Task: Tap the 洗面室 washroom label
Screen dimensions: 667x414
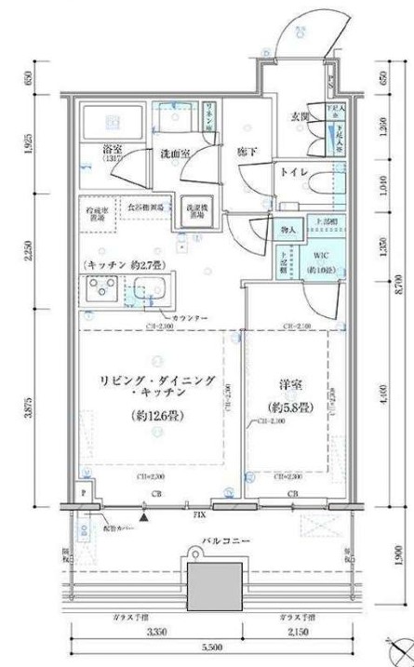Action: (174, 153)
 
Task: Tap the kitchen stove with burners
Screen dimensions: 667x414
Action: (99, 291)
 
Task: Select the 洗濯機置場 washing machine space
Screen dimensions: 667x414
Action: (194, 209)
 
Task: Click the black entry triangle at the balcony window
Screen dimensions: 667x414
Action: (144, 511)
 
